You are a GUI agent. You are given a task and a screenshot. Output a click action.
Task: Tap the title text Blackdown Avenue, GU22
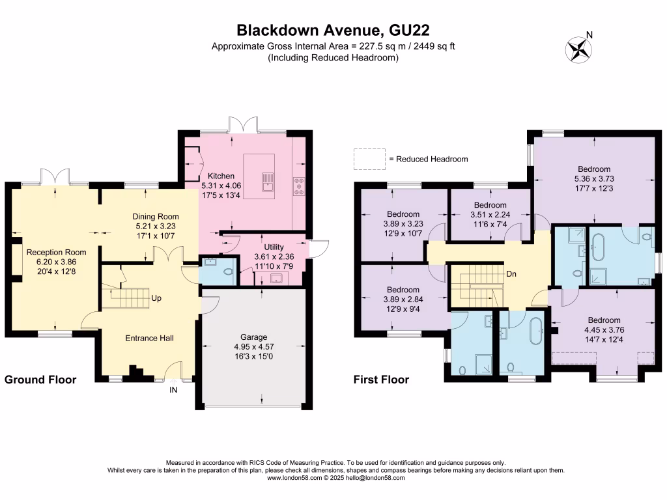tap(333, 30)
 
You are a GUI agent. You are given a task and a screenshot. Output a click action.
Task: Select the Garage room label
tap(254, 337)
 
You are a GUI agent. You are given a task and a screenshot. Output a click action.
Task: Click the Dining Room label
tap(156, 217)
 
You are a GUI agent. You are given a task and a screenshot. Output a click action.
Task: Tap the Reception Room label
tap(47, 253)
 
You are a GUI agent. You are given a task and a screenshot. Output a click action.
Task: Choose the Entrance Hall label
tap(149, 338)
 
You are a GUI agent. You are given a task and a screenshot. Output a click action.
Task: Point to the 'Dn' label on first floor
tap(512, 274)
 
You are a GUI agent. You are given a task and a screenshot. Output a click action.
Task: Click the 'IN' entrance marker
tap(173, 390)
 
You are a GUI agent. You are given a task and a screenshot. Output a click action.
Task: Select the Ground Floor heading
tap(40, 380)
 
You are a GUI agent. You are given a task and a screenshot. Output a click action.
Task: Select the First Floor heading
tap(381, 380)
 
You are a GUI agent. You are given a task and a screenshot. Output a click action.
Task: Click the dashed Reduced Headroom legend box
tap(369, 158)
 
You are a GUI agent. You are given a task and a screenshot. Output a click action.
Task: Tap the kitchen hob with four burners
tap(300, 187)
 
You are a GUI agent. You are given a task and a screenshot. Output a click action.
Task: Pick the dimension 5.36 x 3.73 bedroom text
tap(593, 179)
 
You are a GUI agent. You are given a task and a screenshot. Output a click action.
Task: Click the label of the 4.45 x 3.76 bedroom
tap(604, 320)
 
